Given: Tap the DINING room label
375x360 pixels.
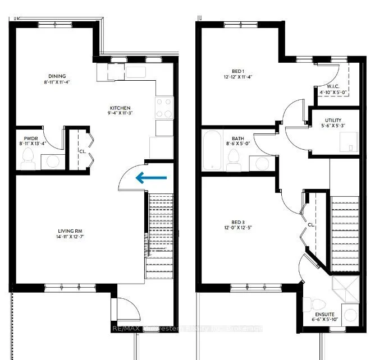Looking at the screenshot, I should tap(57, 76).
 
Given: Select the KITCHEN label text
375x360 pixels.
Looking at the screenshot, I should tap(120, 108).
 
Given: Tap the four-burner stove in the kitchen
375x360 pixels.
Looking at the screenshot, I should tap(164, 107).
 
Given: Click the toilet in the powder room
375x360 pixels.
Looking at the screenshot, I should tap(29, 161).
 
